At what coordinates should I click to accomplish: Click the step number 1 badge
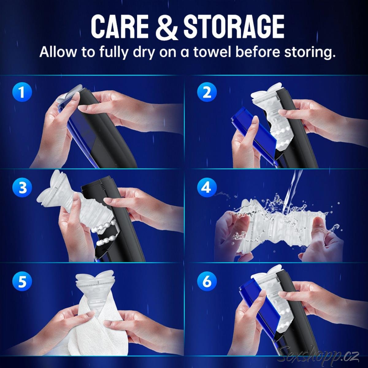tap(22, 92)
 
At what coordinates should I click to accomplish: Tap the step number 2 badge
tap(207, 92)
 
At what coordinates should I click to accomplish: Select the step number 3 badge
tap(22, 187)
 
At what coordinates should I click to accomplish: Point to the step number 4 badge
tap(207, 187)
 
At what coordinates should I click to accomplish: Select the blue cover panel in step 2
tap(254, 134)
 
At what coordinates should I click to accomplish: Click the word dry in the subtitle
tap(144, 52)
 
